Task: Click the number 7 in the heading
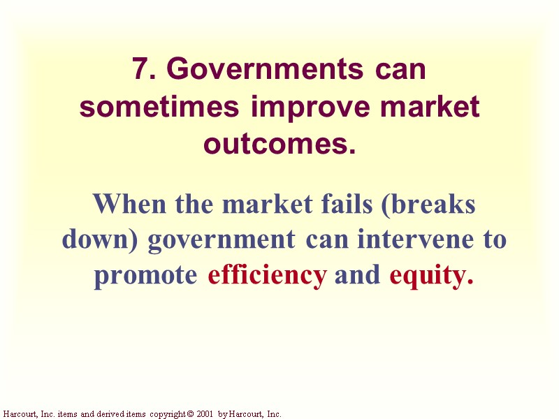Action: pos(140,70)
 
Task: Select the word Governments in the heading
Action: pos(266,70)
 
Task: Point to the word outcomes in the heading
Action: pos(275,145)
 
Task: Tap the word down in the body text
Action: pos(101,240)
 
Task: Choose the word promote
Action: pos(146,275)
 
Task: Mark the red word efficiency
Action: pos(268,275)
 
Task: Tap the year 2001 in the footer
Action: pos(205,414)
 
